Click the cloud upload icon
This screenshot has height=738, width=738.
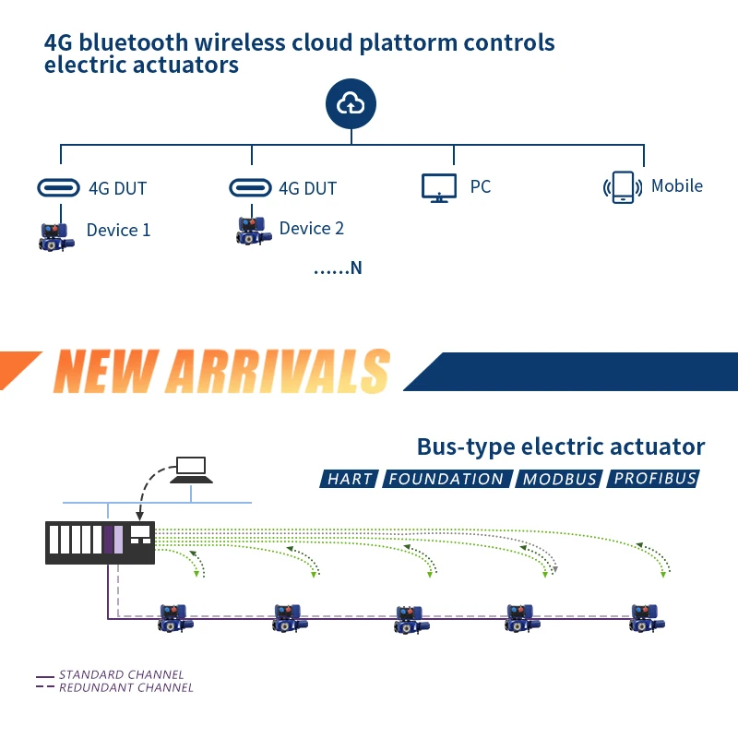click(351, 103)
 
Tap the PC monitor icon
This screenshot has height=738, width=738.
click(439, 188)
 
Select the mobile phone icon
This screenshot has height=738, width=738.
click(623, 187)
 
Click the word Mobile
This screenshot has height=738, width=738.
click(677, 186)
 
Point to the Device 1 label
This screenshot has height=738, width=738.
click(119, 230)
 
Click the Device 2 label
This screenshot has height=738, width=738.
click(312, 228)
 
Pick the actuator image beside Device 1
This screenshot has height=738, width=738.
click(56, 237)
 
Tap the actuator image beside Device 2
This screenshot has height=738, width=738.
click(254, 231)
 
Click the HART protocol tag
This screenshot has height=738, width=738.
click(349, 479)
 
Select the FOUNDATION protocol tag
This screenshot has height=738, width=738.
click(446, 479)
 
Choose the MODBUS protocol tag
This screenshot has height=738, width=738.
click(559, 479)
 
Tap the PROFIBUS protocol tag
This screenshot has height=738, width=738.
click(653, 479)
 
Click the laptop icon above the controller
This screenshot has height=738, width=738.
click(191, 470)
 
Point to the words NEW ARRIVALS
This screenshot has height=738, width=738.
click(221, 371)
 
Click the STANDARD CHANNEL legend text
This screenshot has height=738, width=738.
click(122, 674)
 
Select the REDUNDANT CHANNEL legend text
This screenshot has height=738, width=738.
click(126, 687)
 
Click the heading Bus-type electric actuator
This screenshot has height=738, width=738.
click(561, 446)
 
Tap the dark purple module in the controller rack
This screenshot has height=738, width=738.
click(108, 540)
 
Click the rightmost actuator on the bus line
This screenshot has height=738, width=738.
click(648, 618)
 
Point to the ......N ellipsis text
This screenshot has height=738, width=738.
click(338, 268)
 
